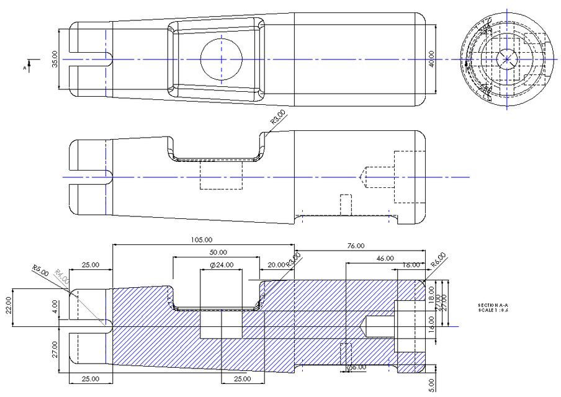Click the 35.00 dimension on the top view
click(x=55, y=59)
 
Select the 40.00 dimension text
click(x=431, y=59)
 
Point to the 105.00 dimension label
click(x=202, y=239)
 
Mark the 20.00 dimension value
click(x=277, y=265)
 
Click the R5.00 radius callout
click(x=40, y=269)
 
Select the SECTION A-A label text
click(x=493, y=305)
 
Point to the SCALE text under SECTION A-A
click(x=493, y=310)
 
